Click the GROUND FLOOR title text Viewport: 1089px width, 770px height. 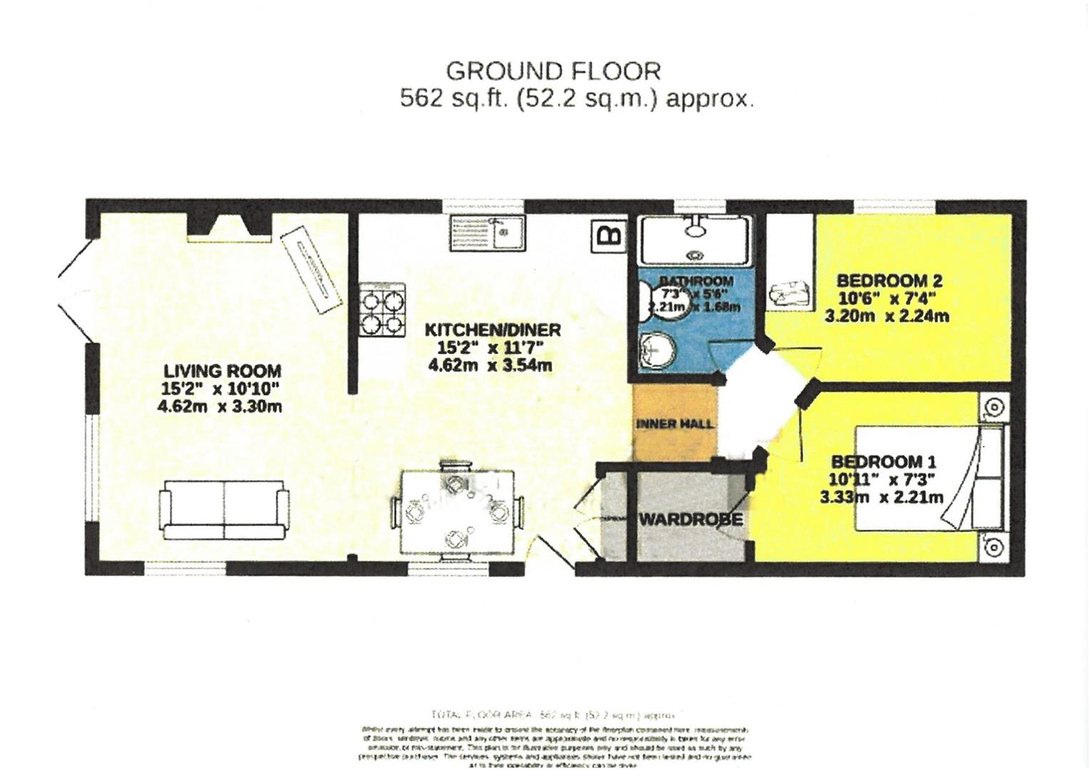(x=553, y=71)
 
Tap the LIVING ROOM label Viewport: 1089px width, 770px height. (x=222, y=371)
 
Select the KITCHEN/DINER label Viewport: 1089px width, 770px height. (x=493, y=330)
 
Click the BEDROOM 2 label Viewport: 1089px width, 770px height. (x=889, y=280)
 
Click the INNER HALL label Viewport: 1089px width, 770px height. (x=674, y=424)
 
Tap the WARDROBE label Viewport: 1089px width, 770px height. (x=690, y=519)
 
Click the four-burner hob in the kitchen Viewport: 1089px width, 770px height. (x=382, y=309)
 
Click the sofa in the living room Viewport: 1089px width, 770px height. (x=224, y=508)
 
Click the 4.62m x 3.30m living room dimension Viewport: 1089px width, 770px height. (x=219, y=407)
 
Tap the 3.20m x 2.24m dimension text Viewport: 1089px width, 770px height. (x=886, y=316)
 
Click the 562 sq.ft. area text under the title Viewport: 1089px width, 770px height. (x=576, y=98)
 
